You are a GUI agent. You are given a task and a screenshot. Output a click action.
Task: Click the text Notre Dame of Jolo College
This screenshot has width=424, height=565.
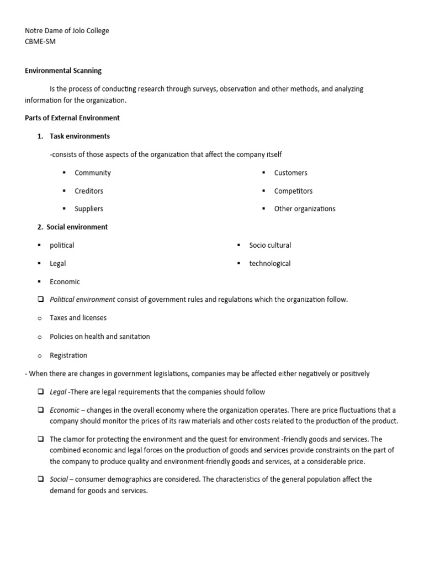(x=67, y=31)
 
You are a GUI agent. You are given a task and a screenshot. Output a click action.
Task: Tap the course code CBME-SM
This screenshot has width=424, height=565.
(x=40, y=41)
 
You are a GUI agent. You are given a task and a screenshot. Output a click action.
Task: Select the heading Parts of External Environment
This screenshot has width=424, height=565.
(x=72, y=118)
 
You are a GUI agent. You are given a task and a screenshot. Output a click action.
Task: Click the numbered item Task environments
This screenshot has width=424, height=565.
(x=79, y=136)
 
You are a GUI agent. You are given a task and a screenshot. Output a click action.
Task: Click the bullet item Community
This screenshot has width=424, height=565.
(x=93, y=173)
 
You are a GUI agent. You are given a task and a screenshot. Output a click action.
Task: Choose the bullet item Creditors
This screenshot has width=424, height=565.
(x=89, y=191)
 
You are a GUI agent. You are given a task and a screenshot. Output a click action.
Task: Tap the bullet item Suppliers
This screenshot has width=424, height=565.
(x=89, y=209)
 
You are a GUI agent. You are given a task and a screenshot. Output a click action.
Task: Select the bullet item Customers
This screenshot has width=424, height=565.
(x=290, y=173)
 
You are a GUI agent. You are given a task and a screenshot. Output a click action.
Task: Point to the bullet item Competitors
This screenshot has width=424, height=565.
(x=293, y=191)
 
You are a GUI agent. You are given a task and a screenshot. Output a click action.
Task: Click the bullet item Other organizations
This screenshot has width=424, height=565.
(x=304, y=209)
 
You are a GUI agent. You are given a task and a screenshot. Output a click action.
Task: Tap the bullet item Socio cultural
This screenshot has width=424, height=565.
(x=270, y=245)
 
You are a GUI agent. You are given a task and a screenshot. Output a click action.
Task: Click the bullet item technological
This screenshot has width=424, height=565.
(x=269, y=263)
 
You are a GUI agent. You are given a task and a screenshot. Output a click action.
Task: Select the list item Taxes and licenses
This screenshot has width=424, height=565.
(x=78, y=318)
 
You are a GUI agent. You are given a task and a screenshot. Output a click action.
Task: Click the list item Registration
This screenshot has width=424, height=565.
(x=68, y=355)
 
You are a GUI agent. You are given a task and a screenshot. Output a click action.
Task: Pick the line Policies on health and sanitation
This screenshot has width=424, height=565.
(x=99, y=337)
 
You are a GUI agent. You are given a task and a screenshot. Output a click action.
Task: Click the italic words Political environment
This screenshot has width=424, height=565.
(x=82, y=300)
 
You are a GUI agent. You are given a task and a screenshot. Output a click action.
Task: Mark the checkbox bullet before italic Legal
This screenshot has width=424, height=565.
(x=41, y=392)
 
